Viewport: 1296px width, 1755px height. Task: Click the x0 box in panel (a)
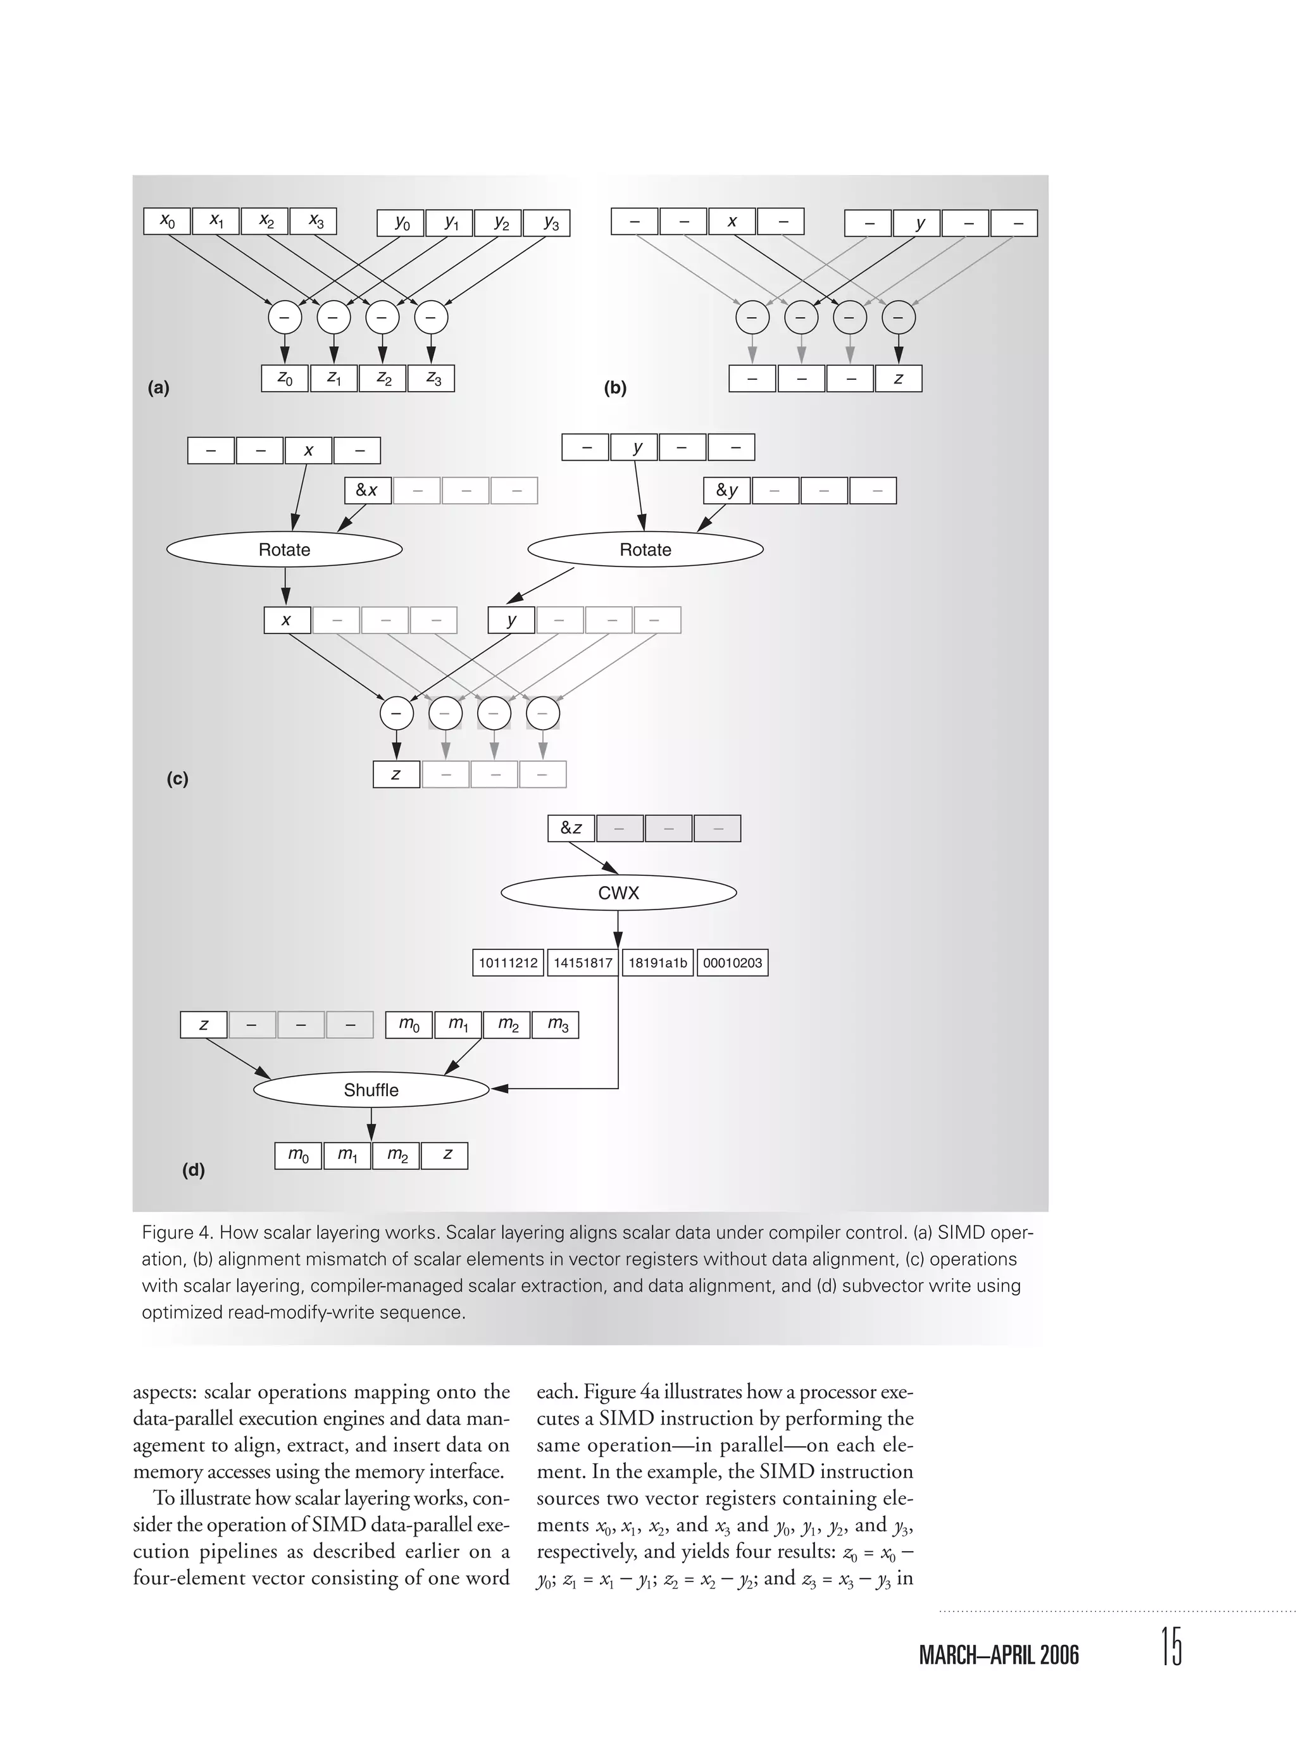tap(167, 222)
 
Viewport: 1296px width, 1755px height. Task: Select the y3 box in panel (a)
tap(547, 223)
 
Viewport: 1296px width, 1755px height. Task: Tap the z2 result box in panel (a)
tap(382, 378)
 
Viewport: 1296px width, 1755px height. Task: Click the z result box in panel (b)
tap(898, 378)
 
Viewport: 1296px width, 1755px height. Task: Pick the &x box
tap(368, 490)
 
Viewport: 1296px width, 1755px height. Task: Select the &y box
tap(727, 490)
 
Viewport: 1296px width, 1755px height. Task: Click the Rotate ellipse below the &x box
tap(285, 549)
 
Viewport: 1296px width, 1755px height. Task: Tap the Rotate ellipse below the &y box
tap(645, 549)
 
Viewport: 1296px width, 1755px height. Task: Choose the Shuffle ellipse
tap(371, 1090)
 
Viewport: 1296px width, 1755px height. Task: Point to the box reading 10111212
tap(508, 963)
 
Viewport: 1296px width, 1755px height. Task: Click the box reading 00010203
tap(732, 963)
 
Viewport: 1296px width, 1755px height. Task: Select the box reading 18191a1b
tap(657, 963)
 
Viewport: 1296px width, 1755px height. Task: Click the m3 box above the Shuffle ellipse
tap(556, 1025)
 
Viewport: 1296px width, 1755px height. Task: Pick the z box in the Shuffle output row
tap(445, 1156)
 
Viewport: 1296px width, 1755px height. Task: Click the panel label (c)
tap(177, 779)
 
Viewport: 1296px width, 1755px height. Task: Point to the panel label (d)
tap(193, 1170)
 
